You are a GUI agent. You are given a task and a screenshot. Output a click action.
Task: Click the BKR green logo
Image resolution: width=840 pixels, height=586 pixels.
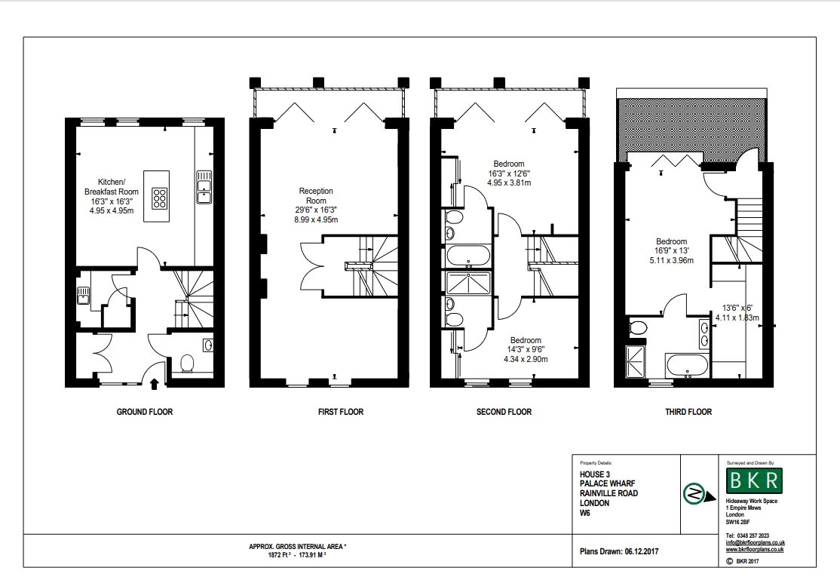pos(754,480)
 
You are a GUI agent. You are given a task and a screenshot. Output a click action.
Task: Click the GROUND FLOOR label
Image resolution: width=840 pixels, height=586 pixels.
pos(145,412)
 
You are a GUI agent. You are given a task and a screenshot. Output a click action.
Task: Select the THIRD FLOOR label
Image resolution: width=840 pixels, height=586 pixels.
pos(688,412)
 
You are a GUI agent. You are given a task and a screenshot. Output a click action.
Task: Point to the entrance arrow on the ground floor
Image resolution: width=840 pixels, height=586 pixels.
pos(155,383)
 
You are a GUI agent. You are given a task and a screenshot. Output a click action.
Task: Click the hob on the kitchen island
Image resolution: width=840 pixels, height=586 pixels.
pos(159,197)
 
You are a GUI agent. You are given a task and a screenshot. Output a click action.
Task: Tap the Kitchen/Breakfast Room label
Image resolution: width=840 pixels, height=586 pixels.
pos(112,187)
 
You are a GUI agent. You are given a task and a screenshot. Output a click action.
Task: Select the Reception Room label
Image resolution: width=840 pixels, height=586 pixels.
pos(316,195)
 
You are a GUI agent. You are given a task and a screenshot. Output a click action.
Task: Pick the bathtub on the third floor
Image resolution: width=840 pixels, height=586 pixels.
pos(687,365)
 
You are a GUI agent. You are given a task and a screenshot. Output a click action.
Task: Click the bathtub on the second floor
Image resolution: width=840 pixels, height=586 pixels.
pos(468,256)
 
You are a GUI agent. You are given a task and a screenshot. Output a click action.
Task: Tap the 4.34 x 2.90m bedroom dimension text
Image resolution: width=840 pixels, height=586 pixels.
pos(526,360)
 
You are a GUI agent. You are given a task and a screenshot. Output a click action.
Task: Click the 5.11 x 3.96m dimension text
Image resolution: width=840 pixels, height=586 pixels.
pos(671,260)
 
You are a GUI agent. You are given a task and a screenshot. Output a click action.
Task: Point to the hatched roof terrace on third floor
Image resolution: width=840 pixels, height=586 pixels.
pos(692,126)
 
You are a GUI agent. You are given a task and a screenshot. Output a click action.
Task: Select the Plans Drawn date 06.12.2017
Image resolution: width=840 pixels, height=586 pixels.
pos(641,551)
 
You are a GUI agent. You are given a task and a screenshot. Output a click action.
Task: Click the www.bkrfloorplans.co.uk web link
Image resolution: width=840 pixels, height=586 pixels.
pos(756,549)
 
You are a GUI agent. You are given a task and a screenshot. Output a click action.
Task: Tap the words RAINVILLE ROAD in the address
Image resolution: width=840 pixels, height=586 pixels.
pos(609,493)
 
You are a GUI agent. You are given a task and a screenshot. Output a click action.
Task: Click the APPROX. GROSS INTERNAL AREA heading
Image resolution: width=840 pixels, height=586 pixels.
pos(297,547)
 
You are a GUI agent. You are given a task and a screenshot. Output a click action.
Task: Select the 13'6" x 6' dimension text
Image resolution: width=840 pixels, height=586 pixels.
pos(737,308)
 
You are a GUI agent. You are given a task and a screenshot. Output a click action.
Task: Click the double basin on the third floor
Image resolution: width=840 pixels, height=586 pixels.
pos(704,333)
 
